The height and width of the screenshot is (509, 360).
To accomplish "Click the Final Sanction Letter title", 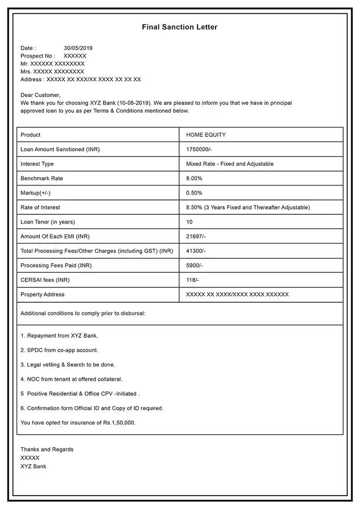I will (x=180, y=27).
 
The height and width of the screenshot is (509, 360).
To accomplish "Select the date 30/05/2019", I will (x=78, y=48).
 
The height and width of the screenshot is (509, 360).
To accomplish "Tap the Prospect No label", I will (x=37, y=56).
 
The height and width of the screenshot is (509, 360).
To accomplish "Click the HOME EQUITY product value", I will (x=206, y=135).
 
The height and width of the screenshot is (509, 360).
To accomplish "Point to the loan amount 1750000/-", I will (x=199, y=150).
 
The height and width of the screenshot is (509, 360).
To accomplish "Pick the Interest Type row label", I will (x=37, y=164).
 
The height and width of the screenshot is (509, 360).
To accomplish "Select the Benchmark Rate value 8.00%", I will (x=194, y=178).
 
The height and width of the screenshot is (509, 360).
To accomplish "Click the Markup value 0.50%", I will (x=194, y=193).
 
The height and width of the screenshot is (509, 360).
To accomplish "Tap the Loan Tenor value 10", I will (x=189, y=222).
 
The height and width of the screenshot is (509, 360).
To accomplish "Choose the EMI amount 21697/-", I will (x=196, y=236).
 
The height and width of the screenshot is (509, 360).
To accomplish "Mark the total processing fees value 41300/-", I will (x=196, y=251).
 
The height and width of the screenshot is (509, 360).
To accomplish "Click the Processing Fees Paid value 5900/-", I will (x=194, y=265).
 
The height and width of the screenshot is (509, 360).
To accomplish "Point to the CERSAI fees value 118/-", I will (x=192, y=280).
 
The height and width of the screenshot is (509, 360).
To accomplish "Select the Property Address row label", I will (x=42, y=294).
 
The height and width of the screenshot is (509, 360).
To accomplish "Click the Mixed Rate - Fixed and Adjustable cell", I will (x=229, y=164).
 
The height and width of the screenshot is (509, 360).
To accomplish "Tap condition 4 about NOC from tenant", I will (x=72, y=379).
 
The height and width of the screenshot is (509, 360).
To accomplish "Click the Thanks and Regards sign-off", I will (x=47, y=449).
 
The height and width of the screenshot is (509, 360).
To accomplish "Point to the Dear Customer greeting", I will (x=40, y=95).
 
